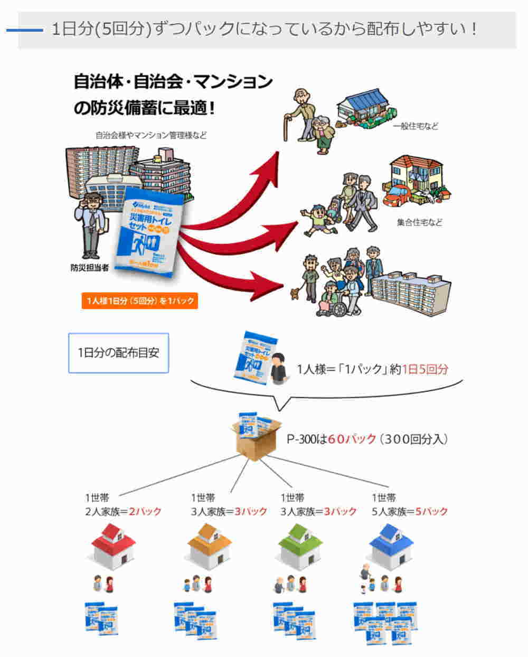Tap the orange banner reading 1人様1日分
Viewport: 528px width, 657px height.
tap(139, 301)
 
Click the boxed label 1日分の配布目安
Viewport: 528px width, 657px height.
tap(118, 353)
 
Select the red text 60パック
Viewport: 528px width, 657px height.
tap(352, 439)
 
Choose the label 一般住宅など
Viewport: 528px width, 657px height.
tap(416, 126)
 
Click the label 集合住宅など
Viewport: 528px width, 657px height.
tap(419, 222)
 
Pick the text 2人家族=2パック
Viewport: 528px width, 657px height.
tap(123, 511)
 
